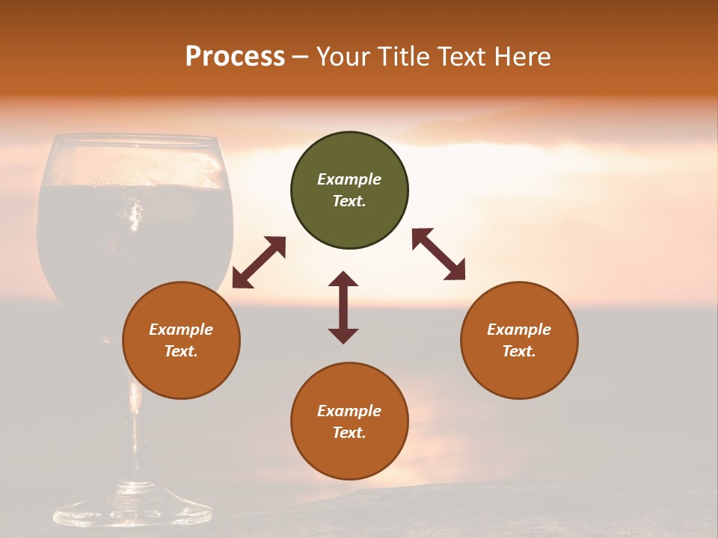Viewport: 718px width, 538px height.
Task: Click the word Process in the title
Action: [x=235, y=57]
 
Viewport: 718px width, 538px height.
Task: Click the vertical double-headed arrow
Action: [x=343, y=307]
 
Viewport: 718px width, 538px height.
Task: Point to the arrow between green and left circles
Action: [x=259, y=262]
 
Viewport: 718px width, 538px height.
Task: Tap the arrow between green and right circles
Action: [x=438, y=254]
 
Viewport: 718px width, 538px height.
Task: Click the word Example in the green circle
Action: [x=349, y=179]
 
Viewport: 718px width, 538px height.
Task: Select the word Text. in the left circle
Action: [x=181, y=351]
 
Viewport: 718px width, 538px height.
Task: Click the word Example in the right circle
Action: [x=519, y=330]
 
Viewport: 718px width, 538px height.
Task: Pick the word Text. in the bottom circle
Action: [x=349, y=433]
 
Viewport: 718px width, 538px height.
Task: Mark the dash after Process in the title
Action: [x=300, y=58]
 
